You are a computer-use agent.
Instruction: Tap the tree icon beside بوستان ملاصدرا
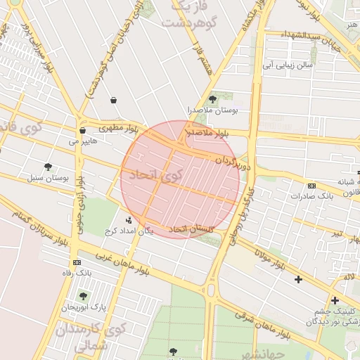click(213, 99)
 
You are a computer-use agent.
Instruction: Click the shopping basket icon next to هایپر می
click(82, 130)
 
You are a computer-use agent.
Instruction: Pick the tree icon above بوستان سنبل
click(48, 167)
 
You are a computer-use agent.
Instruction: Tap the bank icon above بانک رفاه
click(77, 262)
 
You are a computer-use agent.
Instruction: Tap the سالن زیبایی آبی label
click(287, 65)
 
